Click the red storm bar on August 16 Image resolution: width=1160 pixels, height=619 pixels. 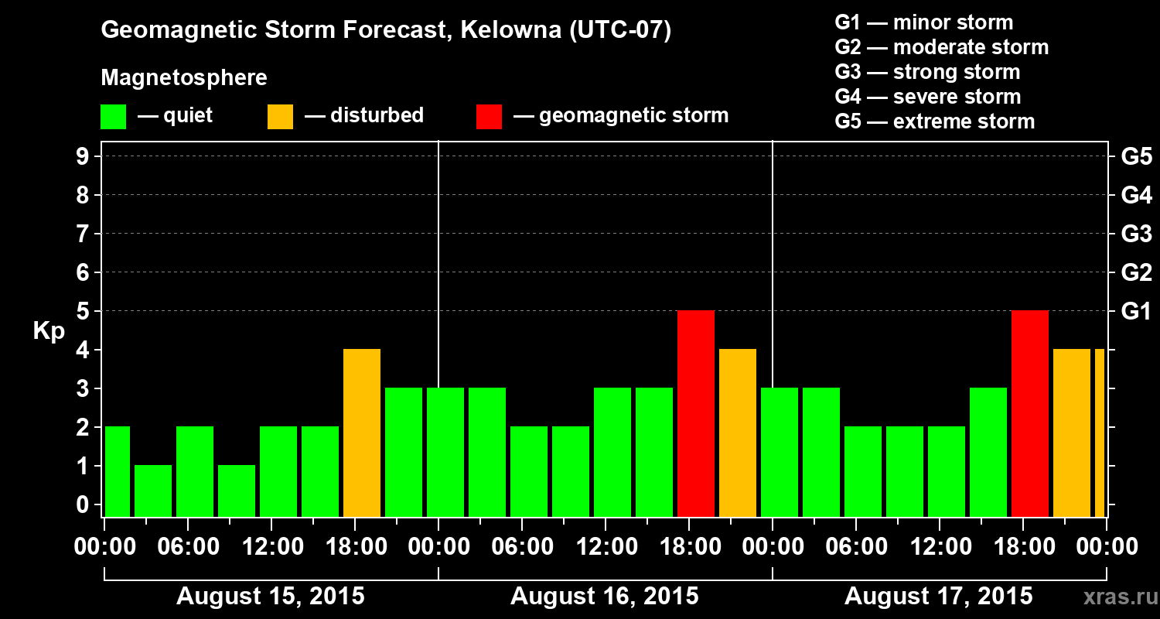(695, 414)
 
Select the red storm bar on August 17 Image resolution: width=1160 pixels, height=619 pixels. (1029, 414)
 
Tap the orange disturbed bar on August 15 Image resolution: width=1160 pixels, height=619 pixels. (362, 433)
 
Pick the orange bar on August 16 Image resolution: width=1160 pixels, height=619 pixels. (737, 433)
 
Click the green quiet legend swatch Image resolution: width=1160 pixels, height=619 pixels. (113, 117)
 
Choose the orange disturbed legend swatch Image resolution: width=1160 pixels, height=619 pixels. (280, 117)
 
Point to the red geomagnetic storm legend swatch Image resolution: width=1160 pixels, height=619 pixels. (489, 117)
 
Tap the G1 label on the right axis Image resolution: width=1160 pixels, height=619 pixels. (1136, 312)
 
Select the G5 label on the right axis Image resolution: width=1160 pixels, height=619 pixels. (1136, 157)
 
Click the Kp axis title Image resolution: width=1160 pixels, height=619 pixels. (49, 331)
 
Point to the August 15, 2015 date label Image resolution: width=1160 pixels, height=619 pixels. (271, 597)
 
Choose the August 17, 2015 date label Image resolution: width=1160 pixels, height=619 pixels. (938, 597)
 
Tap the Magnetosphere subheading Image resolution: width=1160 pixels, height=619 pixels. (184, 78)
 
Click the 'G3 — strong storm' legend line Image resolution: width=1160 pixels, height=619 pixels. (927, 72)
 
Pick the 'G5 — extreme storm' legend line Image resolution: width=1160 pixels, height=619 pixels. (934, 121)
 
